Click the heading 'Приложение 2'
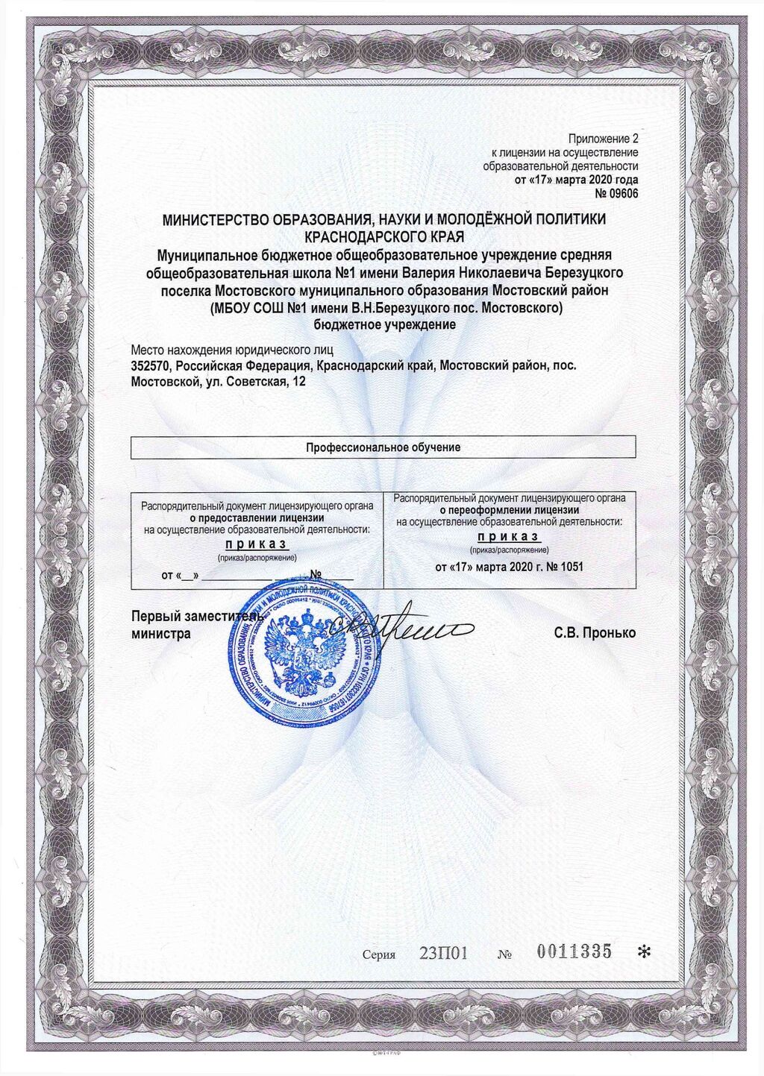603,139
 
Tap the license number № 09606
616,194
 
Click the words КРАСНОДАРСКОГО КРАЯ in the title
384,236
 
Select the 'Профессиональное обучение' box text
383,447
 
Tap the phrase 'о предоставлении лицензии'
257,517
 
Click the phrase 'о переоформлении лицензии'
509,510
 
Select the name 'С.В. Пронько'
595,633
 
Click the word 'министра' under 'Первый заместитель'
160,634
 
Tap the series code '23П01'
443,954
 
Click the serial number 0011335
574,951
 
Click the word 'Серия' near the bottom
378,954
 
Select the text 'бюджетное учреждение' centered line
384,325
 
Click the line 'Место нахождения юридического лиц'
232,349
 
